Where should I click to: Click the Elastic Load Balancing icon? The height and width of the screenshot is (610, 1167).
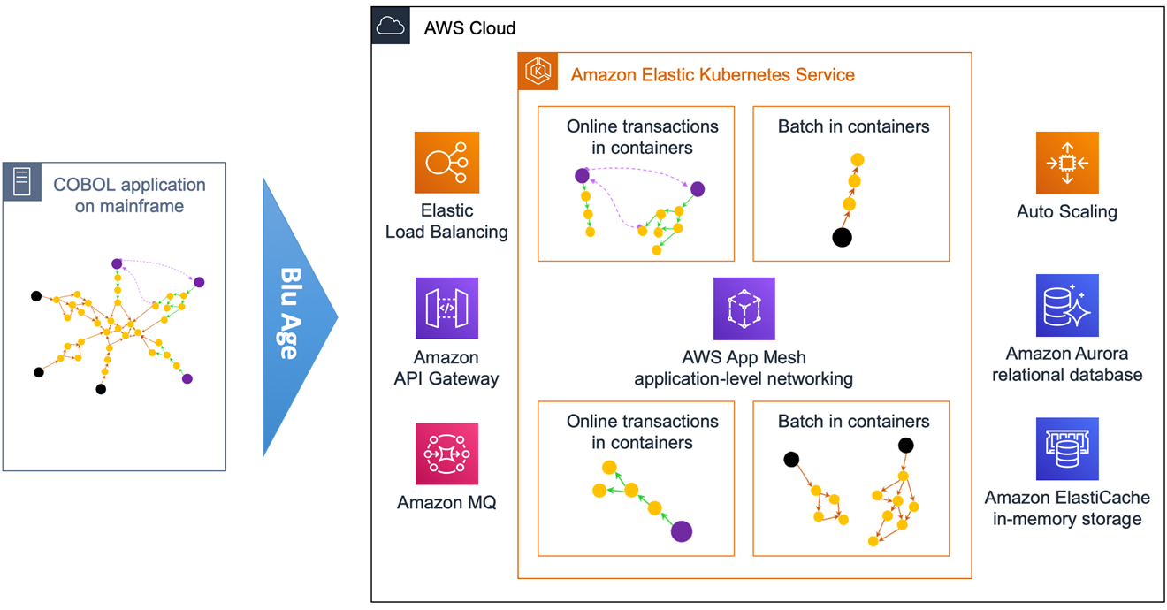446,163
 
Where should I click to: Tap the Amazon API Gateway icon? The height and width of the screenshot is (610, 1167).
446,309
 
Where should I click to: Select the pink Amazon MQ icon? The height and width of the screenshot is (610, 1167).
446,454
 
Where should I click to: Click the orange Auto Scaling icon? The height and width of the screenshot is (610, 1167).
1067,163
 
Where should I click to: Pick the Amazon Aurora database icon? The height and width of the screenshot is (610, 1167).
1067,306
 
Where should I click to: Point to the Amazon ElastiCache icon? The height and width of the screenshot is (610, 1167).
1067,449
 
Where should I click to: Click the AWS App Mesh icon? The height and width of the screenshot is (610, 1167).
744,309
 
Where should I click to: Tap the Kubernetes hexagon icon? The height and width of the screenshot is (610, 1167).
538,72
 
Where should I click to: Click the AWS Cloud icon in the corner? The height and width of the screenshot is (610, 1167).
391,27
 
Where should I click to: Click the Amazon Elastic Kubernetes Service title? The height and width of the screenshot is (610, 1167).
713,74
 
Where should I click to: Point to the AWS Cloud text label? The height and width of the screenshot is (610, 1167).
469,27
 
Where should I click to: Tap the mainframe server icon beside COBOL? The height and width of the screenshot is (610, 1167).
22,181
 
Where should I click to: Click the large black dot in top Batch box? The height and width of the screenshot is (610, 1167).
843,237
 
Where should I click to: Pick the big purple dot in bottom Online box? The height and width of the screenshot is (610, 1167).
681,530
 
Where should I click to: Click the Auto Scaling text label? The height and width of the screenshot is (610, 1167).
1067,212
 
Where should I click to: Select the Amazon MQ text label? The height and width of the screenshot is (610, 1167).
446,503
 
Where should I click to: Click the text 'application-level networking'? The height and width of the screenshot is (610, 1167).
744,379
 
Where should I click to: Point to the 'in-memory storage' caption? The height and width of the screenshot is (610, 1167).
1067,519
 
